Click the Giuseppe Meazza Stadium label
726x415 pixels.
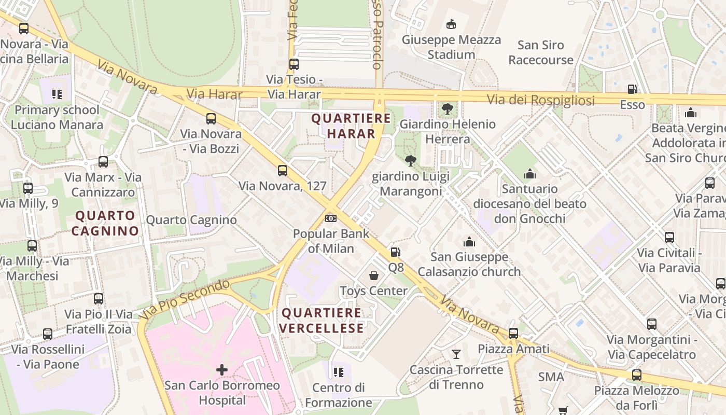pos(451,47)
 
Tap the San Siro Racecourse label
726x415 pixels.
pos(541,52)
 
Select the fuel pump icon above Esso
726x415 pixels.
pos(632,89)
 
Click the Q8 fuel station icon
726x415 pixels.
pos(395,252)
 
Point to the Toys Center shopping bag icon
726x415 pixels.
pos(373,275)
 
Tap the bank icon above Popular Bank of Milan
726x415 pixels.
pos(331,218)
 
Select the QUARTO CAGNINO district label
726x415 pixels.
pos(105,223)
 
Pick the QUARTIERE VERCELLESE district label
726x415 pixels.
pos(322,320)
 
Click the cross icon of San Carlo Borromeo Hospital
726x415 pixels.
pos(222,369)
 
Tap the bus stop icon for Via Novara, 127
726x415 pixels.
pos(283,170)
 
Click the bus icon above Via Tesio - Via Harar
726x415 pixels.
pos(294,64)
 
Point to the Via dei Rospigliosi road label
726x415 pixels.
pos(540,100)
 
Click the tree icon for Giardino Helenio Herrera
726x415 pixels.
pos(447,109)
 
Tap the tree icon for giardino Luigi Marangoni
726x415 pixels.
pos(410,161)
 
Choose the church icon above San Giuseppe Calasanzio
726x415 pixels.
pos(469,242)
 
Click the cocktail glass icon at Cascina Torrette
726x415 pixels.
pos(456,354)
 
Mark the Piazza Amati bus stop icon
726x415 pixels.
pos(513,334)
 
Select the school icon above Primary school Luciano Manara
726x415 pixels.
pos(57,94)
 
